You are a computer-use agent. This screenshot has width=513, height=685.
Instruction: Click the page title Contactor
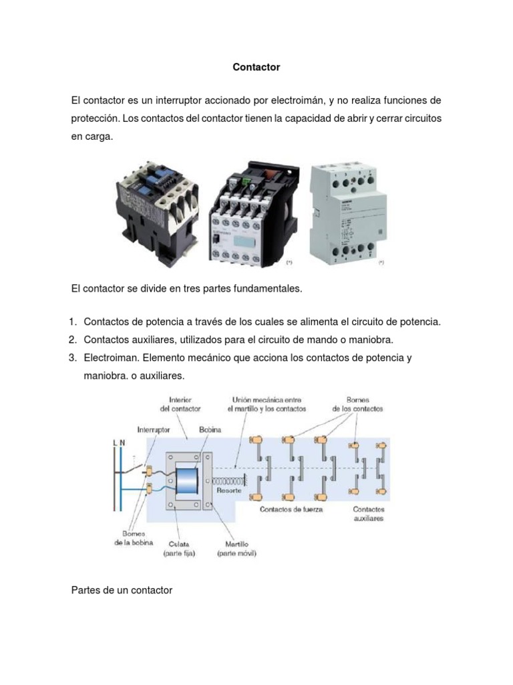coord(256,67)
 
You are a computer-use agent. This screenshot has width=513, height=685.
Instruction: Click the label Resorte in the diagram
coord(229,490)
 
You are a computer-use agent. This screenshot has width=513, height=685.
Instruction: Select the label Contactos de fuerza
coord(291,510)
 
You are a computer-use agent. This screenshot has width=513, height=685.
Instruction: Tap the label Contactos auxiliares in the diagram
coord(369,514)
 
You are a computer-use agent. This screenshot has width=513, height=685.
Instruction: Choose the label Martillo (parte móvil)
coord(236,549)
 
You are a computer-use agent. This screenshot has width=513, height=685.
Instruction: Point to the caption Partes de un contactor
coord(122,590)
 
